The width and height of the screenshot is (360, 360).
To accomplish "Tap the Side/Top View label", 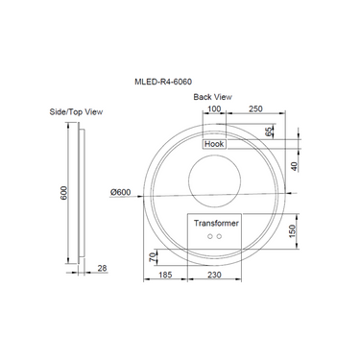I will [x=77, y=111].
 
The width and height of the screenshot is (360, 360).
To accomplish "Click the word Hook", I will [x=212, y=144].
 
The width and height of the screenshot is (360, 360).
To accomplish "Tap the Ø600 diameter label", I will [x=121, y=192].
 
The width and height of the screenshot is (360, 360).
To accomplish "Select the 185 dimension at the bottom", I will [x=164, y=276].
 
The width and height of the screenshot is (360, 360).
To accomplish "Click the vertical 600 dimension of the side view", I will [x=64, y=192].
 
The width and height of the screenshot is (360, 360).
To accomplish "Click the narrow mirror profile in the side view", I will [x=83, y=192].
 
